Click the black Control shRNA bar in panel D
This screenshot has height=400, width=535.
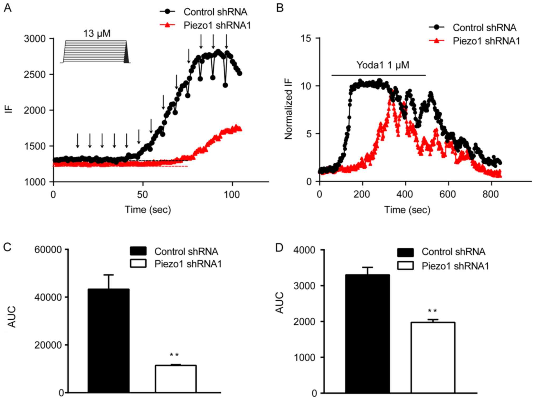367,333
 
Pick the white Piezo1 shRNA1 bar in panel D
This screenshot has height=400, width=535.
433,357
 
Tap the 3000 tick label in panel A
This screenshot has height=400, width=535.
35,39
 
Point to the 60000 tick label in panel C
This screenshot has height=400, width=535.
48,250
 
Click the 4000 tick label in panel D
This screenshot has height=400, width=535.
304,250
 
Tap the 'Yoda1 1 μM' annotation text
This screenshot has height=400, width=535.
383,65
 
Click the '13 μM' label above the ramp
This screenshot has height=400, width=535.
97,34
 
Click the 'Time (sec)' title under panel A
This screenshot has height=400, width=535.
148,210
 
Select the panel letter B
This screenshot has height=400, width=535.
279,8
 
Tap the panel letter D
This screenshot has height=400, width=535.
279,248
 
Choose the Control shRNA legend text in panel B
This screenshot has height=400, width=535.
484,27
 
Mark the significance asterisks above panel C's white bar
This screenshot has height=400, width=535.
174,355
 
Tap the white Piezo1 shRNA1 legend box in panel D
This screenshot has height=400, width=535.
405,266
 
